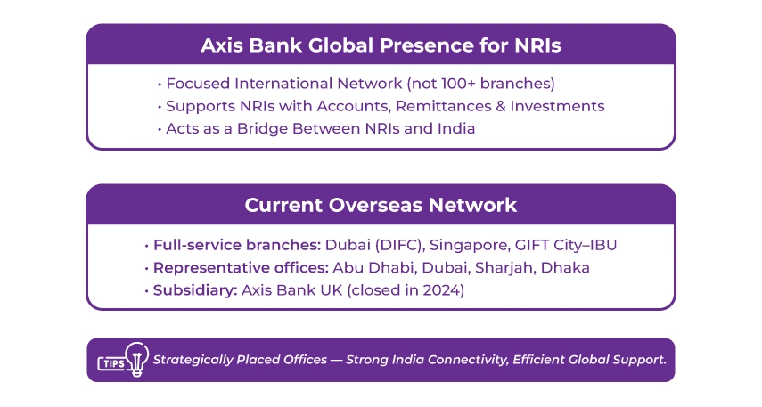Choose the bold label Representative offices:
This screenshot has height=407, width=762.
click(x=241, y=267)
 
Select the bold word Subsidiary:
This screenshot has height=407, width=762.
click(x=190, y=290)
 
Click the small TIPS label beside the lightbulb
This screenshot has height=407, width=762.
click(x=110, y=363)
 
